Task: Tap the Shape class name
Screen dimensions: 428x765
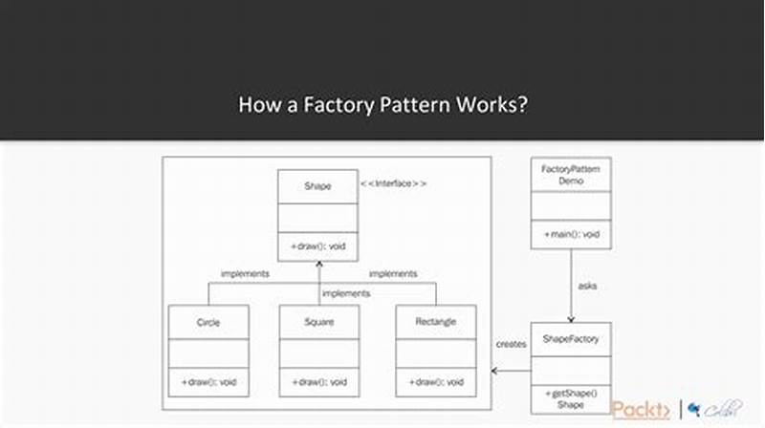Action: point(317,186)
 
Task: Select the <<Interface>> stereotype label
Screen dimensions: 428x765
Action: point(394,182)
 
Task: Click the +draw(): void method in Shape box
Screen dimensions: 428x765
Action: point(317,246)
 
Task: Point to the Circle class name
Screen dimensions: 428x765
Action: point(208,322)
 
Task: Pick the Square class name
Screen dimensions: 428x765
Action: point(318,322)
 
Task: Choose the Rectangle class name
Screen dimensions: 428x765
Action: point(436,322)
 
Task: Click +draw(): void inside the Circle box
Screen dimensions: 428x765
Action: point(208,382)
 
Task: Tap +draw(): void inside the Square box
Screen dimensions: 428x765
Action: point(318,382)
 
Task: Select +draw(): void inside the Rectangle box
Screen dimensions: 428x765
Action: point(436,382)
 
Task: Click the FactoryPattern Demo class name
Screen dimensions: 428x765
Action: point(570,174)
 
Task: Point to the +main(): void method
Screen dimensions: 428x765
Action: point(570,234)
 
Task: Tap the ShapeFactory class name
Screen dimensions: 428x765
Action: point(570,339)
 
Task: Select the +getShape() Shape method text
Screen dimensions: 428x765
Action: point(570,398)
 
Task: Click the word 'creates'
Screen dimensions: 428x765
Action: point(512,344)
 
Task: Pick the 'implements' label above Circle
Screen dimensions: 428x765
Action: point(245,274)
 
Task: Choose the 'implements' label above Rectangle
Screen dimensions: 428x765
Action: point(393,274)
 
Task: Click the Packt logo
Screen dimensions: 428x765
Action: point(642,409)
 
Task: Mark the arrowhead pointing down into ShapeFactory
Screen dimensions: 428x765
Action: point(571,318)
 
